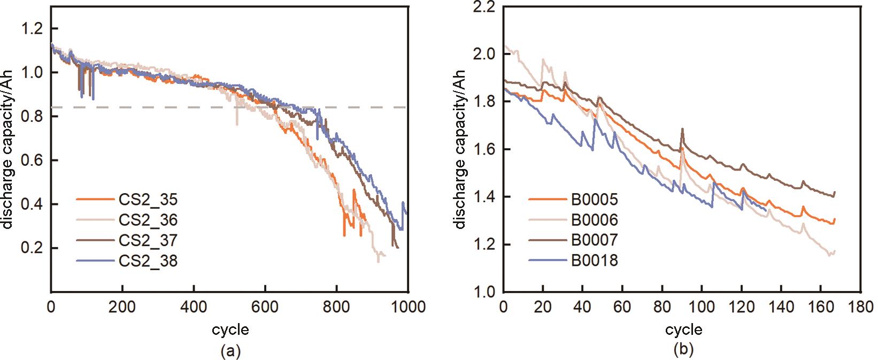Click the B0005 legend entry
tap(594, 200)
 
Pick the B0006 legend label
tap(594, 220)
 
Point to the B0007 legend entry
tap(594, 240)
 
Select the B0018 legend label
tap(594, 261)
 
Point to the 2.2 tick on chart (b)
tap(485, 7)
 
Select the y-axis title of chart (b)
tap(461, 150)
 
